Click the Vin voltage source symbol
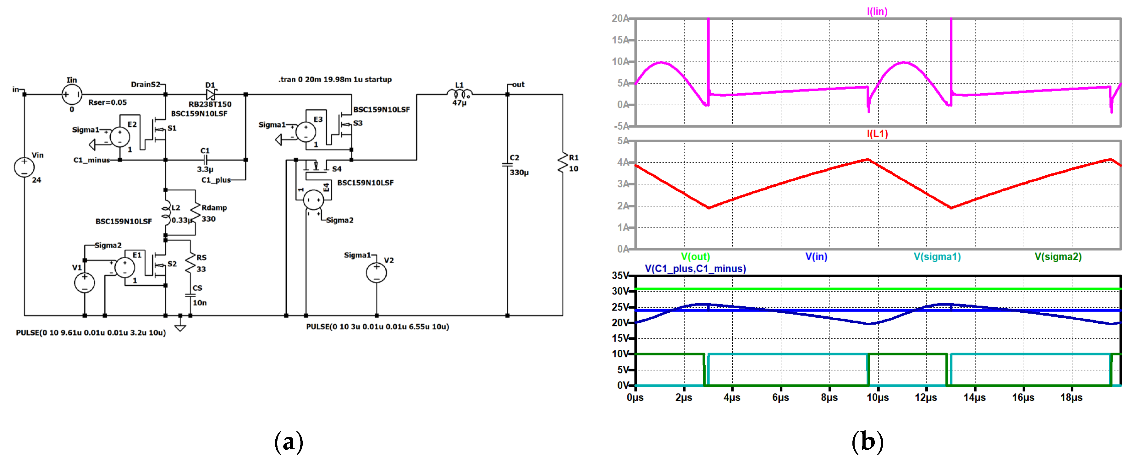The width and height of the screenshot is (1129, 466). (x=24, y=167)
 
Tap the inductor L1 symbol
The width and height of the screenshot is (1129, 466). (x=459, y=93)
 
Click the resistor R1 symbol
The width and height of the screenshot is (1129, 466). (x=563, y=163)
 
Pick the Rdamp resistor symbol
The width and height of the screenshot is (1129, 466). (x=195, y=213)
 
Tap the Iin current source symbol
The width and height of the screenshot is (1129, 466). (x=71, y=94)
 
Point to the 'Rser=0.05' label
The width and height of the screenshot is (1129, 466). (x=107, y=102)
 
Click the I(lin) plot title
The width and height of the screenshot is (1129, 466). (x=877, y=11)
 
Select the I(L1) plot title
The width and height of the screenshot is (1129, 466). (x=877, y=134)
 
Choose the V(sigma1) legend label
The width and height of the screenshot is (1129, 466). (x=937, y=257)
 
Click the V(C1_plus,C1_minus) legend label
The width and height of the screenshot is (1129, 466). (x=695, y=268)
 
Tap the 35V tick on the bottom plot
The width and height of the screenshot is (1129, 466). (x=620, y=276)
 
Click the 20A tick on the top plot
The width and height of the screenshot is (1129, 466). (x=620, y=19)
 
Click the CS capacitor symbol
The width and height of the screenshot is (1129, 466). (x=190, y=296)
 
